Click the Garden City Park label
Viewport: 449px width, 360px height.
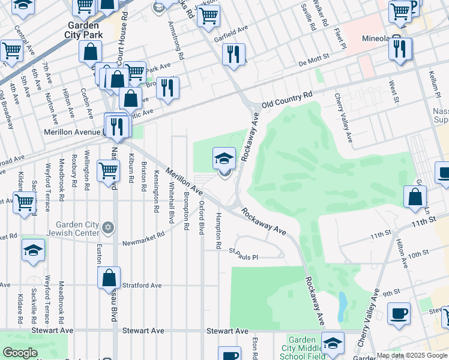(85, 30)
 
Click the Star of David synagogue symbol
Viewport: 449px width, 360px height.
(108, 227)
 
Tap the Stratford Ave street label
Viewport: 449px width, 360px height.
(142, 286)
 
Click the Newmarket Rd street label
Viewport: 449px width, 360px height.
(143, 239)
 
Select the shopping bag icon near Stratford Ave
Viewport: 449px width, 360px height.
(109, 278)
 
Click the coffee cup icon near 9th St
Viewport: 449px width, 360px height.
(399, 313)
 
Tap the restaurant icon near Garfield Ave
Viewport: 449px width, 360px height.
(234, 53)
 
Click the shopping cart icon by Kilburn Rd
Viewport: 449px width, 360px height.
(108, 170)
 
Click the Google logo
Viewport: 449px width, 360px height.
(20, 353)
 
